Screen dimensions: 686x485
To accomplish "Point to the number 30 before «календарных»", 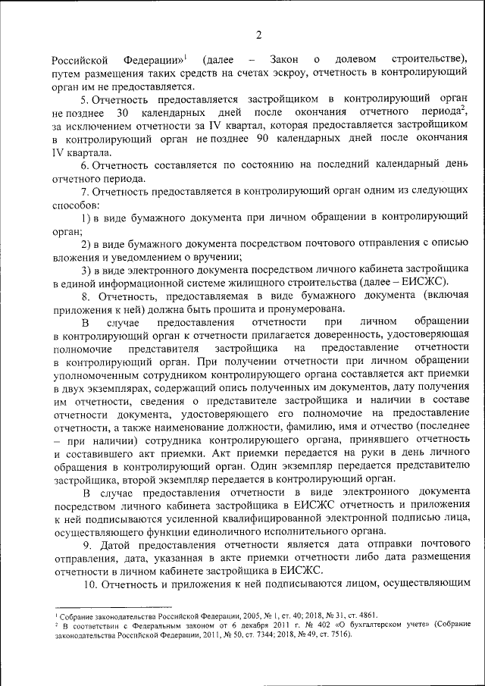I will coord(130,113).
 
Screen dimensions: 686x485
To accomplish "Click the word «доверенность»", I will coord(343,336).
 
